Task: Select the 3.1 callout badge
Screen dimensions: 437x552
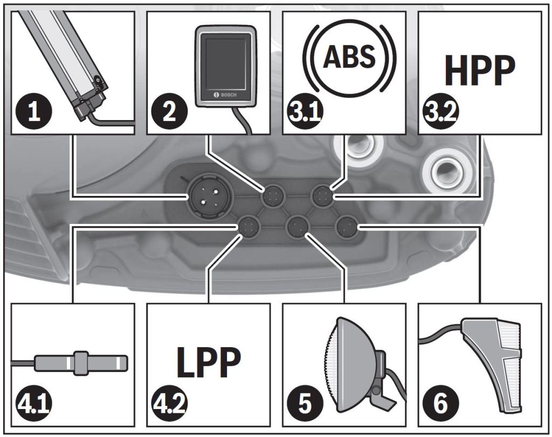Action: pos(302,113)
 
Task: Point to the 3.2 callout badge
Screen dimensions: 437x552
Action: pos(438,113)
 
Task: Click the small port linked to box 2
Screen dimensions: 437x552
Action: pos(272,196)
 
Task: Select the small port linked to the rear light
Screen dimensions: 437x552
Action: pos(344,227)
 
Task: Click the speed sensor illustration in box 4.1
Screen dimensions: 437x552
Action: pos(81,362)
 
